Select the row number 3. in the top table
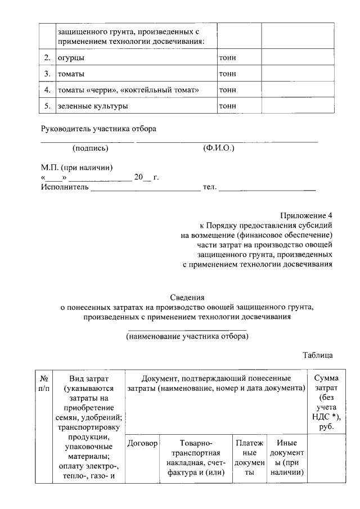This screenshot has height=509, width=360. coord(47,74)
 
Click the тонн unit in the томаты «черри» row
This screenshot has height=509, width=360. coord(228,89)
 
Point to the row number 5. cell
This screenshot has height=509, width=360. coord(47,106)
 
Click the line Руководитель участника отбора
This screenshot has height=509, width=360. coord(98,128)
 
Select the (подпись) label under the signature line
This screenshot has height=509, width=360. coord(90,148)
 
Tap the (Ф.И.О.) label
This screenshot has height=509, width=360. coord(218,148)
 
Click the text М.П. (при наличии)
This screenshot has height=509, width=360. coord(77,168)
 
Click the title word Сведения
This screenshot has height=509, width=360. coord(187,297)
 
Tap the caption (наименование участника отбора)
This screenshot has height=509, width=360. coord(187,336)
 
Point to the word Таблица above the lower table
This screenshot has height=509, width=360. coord(318,355)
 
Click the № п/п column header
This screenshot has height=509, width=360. coord(44,383)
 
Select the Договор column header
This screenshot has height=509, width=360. coord(142,443)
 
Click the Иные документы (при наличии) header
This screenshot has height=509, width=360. coord(286,457)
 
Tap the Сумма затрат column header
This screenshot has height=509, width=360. coord(326,402)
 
